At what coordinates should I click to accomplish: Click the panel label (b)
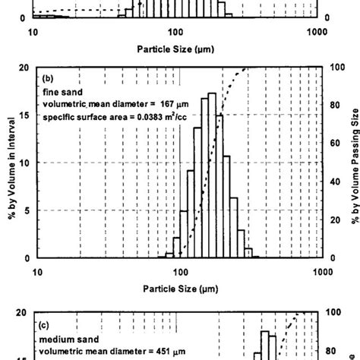pyautogui.click(x=47, y=78)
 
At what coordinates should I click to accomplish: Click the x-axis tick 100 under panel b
pyautogui.click(x=179, y=270)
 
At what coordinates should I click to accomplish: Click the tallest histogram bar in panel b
pyautogui.click(x=212, y=175)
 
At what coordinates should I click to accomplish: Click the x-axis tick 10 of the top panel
pyautogui.click(x=33, y=32)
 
